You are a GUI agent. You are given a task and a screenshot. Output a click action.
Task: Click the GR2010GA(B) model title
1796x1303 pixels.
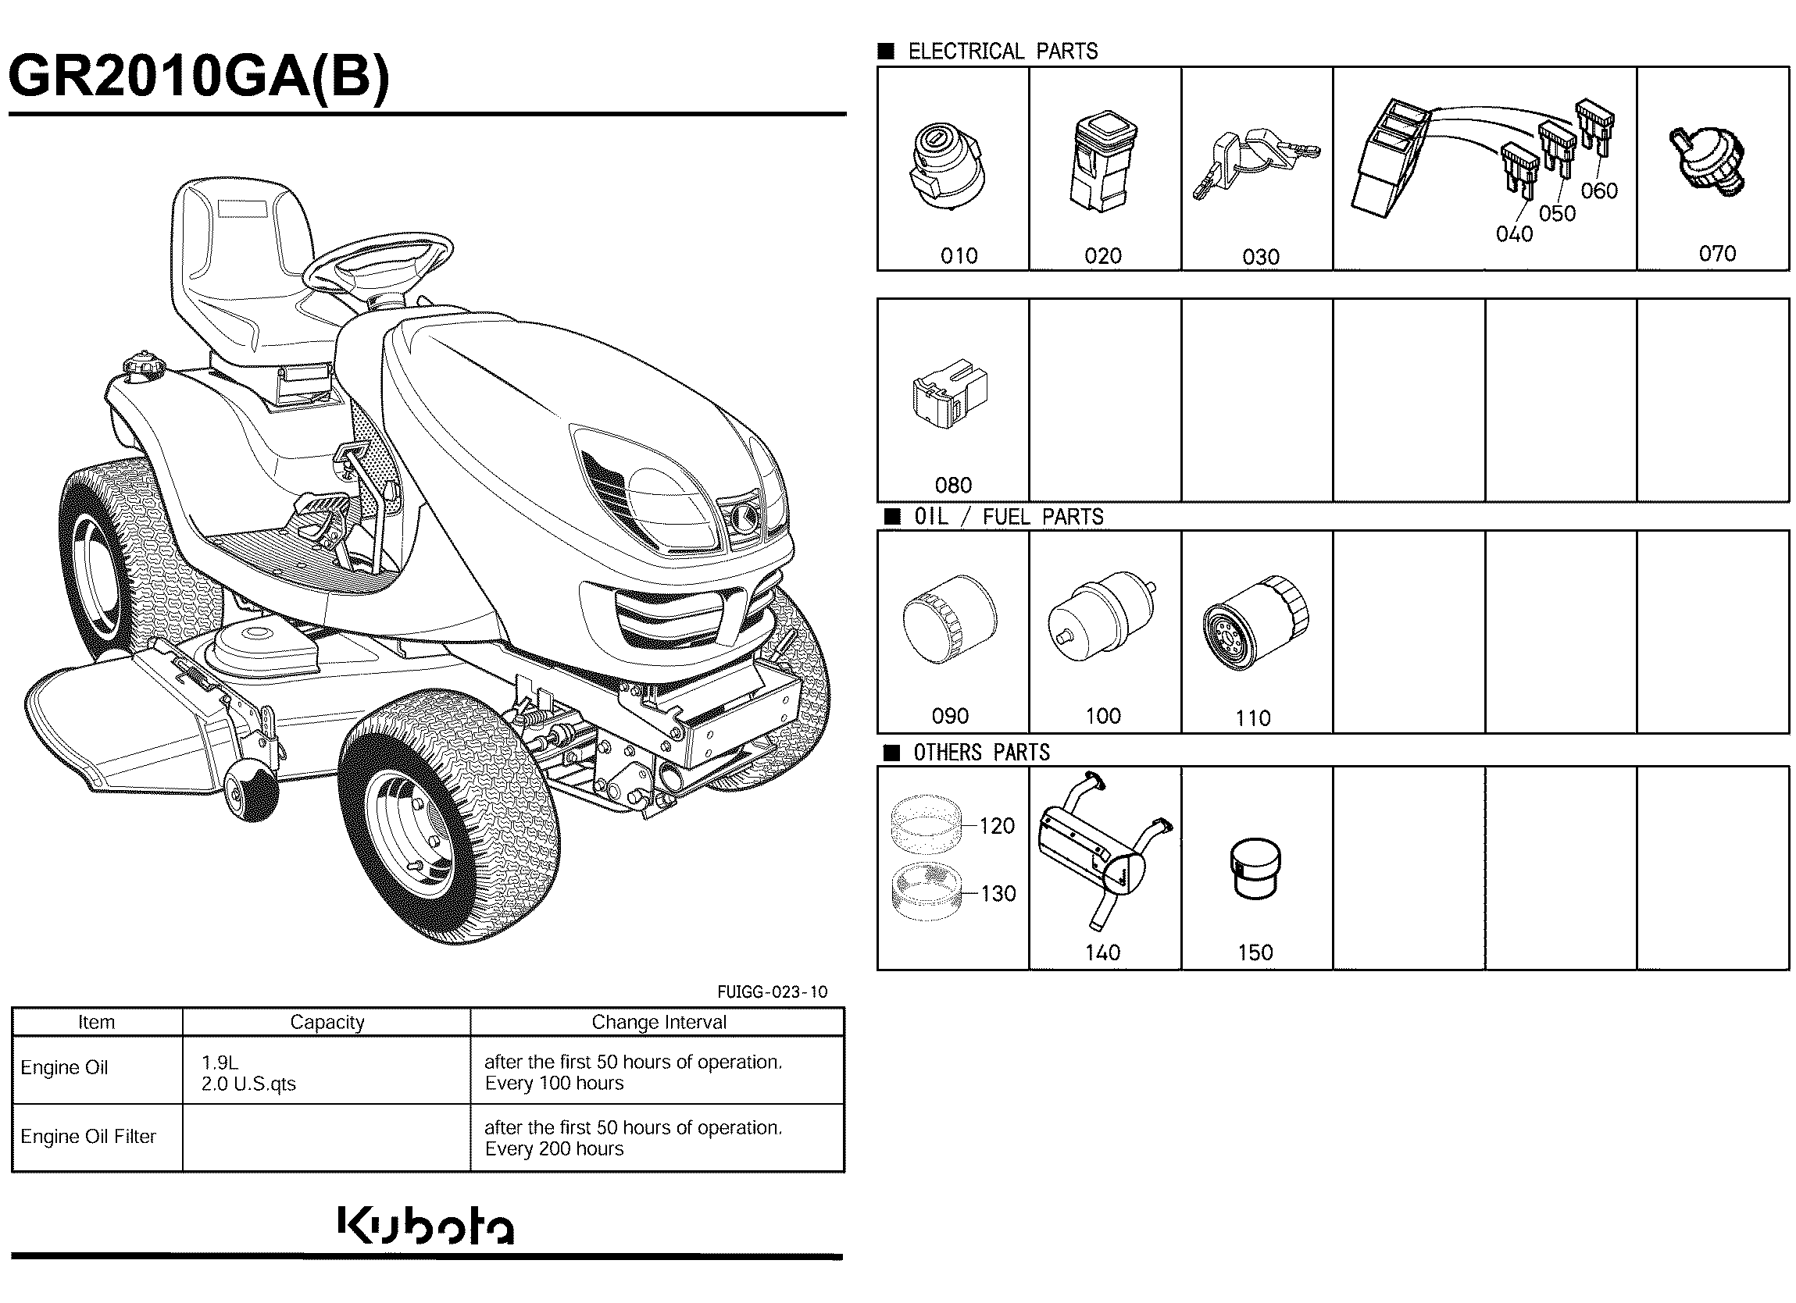click(x=198, y=77)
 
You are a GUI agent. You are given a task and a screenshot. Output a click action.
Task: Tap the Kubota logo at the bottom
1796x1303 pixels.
click(x=426, y=1226)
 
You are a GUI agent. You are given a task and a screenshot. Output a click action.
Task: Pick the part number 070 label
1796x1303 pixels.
click(x=1717, y=253)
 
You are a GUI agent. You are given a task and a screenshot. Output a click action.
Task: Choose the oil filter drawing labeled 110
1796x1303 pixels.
click(x=1255, y=623)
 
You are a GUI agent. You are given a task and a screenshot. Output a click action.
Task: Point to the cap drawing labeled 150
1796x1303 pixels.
click(x=1255, y=869)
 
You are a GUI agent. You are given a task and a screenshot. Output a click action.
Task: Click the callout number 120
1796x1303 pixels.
click(x=997, y=826)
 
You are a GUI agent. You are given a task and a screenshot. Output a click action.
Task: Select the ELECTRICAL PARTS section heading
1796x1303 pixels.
click(x=1002, y=52)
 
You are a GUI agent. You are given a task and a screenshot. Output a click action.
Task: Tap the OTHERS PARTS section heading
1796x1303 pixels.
click(x=981, y=752)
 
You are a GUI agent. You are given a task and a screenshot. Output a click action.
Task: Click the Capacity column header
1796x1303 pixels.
click(x=327, y=1022)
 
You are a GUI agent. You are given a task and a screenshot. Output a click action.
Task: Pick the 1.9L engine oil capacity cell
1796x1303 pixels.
click(x=220, y=1063)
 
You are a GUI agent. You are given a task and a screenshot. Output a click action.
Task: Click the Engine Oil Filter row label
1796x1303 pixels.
click(x=89, y=1136)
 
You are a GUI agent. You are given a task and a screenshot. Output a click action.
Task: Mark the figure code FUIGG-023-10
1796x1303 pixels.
click(x=772, y=992)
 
